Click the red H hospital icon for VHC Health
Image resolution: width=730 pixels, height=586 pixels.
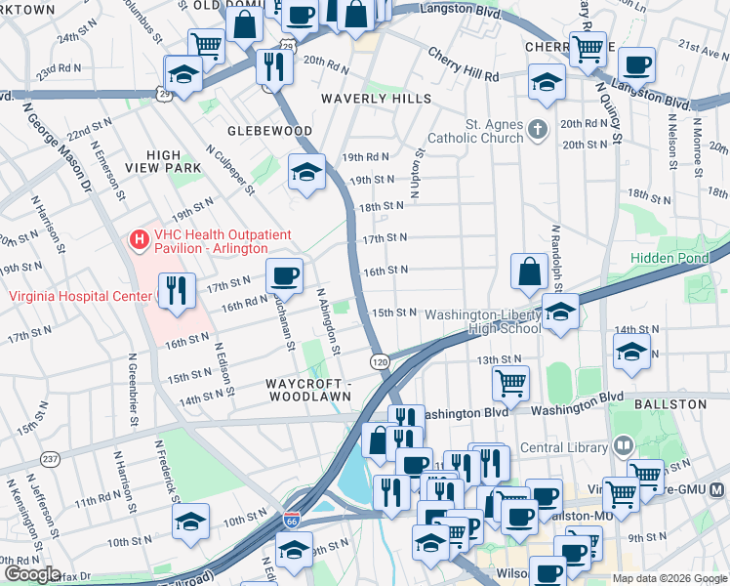[x=139, y=238]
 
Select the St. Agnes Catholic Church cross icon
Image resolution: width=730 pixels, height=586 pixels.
[x=537, y=130]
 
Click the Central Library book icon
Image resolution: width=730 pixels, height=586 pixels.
[x=622, y=446]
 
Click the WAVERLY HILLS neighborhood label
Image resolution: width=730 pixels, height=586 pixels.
[x=370, y=99]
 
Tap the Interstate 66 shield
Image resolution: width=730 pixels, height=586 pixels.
[x=292, y=523]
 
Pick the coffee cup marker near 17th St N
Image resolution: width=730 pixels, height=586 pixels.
[x=284, y=274]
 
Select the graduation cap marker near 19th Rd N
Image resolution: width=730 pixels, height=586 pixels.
[x=307, y=172]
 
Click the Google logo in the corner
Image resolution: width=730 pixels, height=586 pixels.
[x=32, y=574]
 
